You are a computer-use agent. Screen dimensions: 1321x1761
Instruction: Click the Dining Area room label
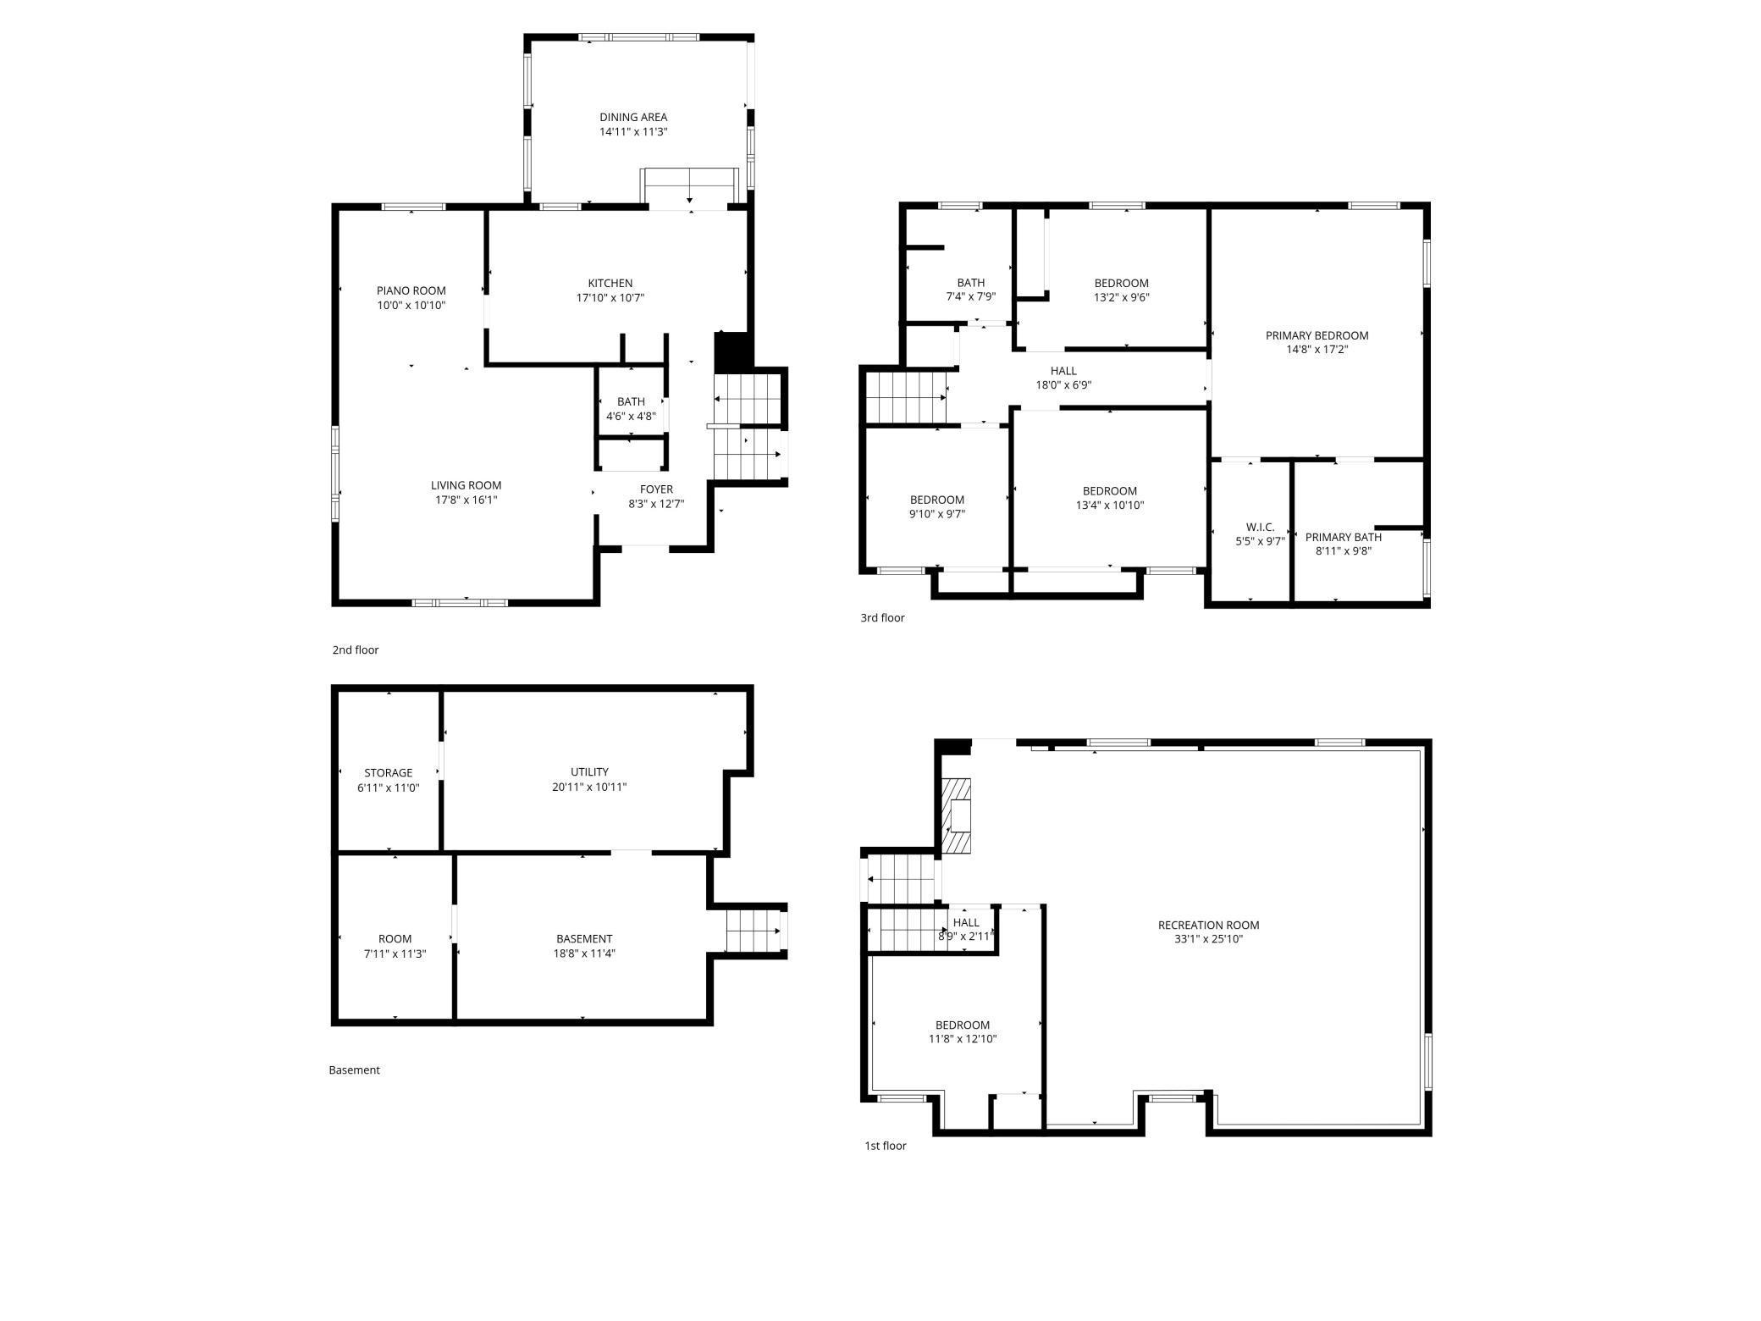[633, 118]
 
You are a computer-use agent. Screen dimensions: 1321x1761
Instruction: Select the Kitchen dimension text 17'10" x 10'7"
[610, 298]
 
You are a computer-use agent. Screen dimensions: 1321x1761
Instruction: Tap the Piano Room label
[411, 290]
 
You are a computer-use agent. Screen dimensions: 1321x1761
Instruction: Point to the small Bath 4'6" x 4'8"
[631, 409]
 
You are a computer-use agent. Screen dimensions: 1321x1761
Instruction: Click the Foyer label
[656, 489]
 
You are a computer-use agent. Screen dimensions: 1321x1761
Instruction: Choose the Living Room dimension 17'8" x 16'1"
[466, 500]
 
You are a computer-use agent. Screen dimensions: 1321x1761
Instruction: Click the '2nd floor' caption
[355, 650]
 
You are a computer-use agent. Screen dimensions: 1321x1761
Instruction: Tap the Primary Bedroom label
[1317, 335]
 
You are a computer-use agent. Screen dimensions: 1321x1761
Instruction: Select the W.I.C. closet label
[1260, 527]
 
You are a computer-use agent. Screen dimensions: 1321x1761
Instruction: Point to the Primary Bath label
[1343, 537]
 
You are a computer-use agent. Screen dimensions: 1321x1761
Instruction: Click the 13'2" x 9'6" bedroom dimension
[1121, 298]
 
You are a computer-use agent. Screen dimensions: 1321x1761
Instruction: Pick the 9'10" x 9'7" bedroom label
[936, 500]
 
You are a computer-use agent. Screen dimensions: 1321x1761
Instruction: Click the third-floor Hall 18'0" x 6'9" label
[1063, 371]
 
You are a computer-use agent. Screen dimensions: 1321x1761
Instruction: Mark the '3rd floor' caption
[882, 618]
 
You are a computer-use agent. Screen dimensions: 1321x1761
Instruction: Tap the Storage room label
[388, 772]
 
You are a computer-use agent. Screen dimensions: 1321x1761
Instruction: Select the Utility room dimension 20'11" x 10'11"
[588, 787]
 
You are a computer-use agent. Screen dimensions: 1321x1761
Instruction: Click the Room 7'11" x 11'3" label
[395, 938]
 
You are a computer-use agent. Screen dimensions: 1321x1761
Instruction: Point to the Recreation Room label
[1208, 925]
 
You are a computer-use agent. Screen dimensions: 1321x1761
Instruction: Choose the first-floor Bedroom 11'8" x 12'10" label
[962, 1025]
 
